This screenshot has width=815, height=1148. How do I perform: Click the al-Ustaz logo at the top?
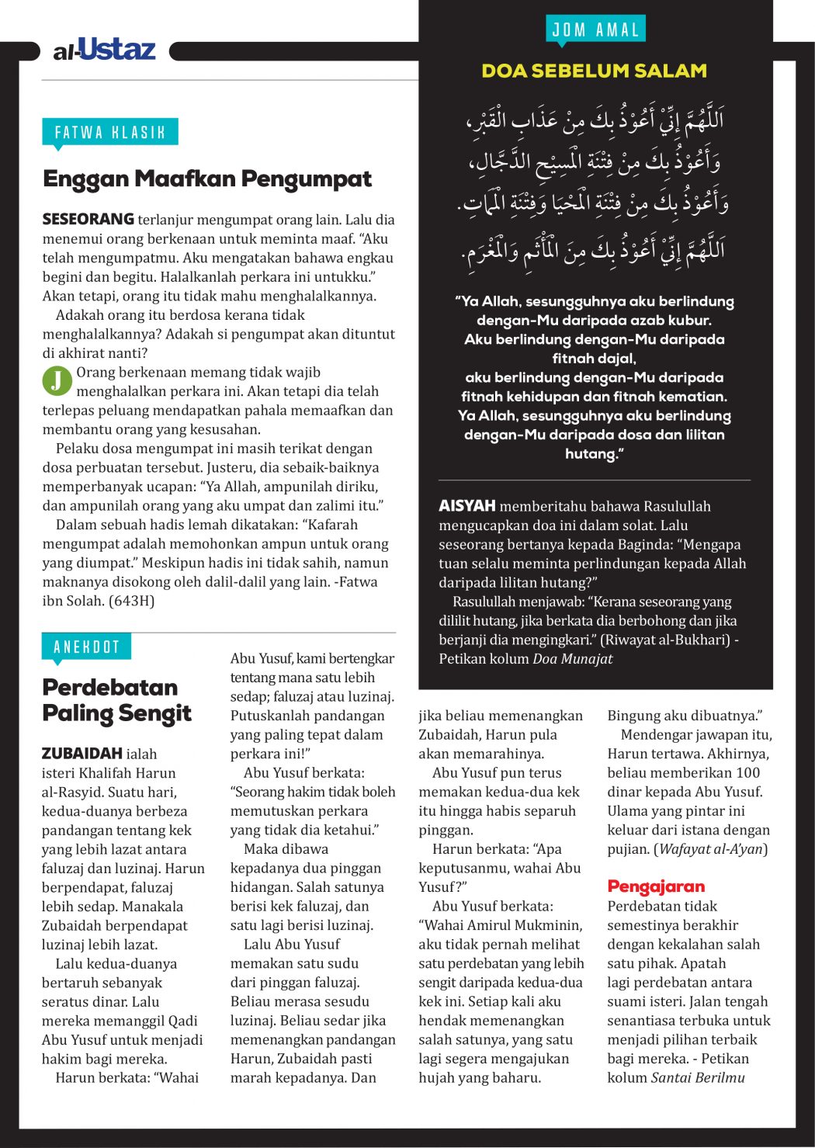coord(105,50)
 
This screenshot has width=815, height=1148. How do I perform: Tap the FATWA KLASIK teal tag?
coord(109,132)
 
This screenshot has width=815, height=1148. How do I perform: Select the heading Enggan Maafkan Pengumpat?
coord(207,179)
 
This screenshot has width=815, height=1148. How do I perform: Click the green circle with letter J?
coord(57,380)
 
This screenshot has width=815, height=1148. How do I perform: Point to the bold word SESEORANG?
coord(88,220)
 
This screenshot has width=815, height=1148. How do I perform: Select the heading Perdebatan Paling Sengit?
coord(116,700)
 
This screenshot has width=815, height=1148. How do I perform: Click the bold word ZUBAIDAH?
coord(81,754)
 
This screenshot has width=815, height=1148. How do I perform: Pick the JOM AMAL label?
coord(595,30)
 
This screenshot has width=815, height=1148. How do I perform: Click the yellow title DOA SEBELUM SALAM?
coord(594,71)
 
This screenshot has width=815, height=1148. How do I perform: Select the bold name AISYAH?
coord(466,506)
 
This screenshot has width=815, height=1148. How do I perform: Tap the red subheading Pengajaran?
coord(656,886)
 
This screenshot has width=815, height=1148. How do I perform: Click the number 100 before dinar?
coord(747,773)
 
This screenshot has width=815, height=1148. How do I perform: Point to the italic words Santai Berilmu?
coord(698,1078)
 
